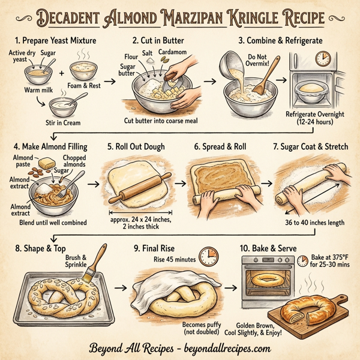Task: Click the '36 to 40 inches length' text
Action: pyautogui.click(x=311, y=223)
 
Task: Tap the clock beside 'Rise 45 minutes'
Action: pyautogui.click(x=208, y=256)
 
